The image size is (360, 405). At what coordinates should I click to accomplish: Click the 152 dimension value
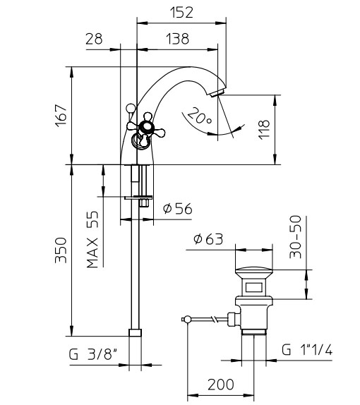point(181,13)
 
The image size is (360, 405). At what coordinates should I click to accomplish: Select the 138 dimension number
point(178,39)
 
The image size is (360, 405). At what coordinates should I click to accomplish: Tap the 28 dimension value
point(94,39)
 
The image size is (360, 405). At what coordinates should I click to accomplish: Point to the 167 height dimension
point(61,116)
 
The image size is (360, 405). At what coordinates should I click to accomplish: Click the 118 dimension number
point(264,130)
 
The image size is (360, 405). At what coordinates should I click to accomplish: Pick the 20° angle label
point(200,116)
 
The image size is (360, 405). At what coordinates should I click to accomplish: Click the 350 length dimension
point(61,250)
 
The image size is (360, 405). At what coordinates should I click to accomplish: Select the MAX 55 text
point(92,240)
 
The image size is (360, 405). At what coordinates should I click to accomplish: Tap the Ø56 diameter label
point(178,209)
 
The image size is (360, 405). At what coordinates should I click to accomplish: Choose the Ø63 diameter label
point(208,239)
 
